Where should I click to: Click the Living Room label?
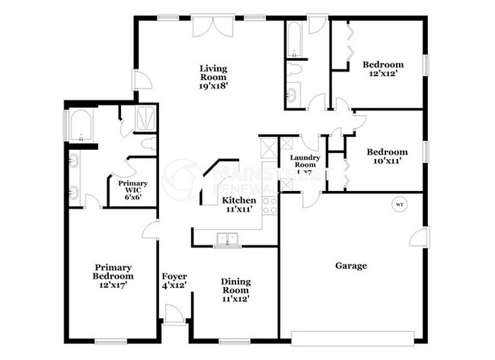tap(215, 77)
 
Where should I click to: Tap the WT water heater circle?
tap(399, 205)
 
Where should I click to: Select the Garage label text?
tap(351, 266)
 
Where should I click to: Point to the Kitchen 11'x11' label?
tap(239, 205)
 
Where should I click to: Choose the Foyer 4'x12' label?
tap(174, 281)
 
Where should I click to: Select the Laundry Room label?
tap(305, 163)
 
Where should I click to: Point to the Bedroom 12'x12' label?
tap(382, 69)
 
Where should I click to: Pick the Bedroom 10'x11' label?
tap(387, 156)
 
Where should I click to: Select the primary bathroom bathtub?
tap(81, 126)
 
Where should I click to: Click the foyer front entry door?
tap(174, 314)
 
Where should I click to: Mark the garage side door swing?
tap(417, 237)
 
